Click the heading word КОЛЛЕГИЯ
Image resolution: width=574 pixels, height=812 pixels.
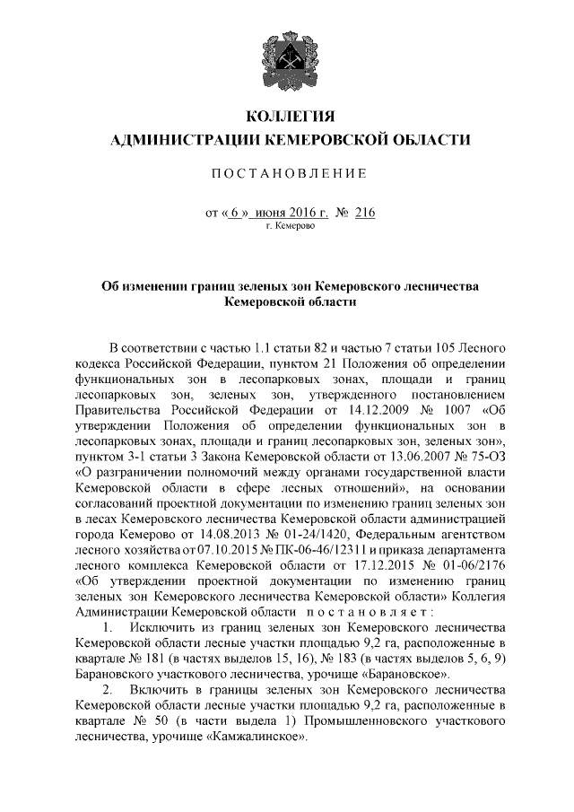pos(287,118)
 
